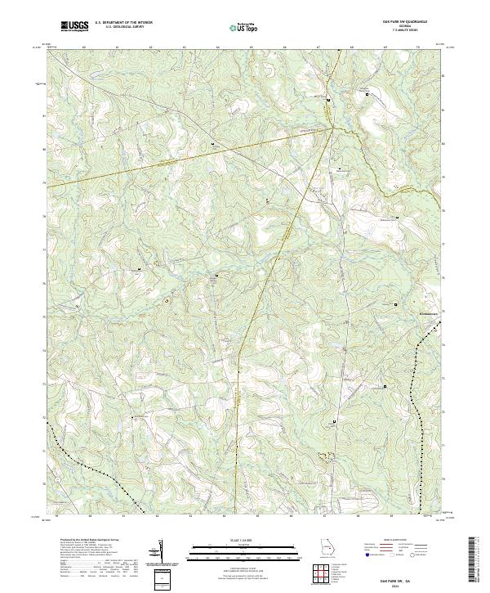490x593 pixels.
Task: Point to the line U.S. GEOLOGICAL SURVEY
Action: [x=123, y=27]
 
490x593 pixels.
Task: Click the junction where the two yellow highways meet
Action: [x=332, y=128]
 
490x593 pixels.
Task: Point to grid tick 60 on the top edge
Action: [x=83, y=47]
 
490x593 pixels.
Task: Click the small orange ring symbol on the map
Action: [x=167, y=301]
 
